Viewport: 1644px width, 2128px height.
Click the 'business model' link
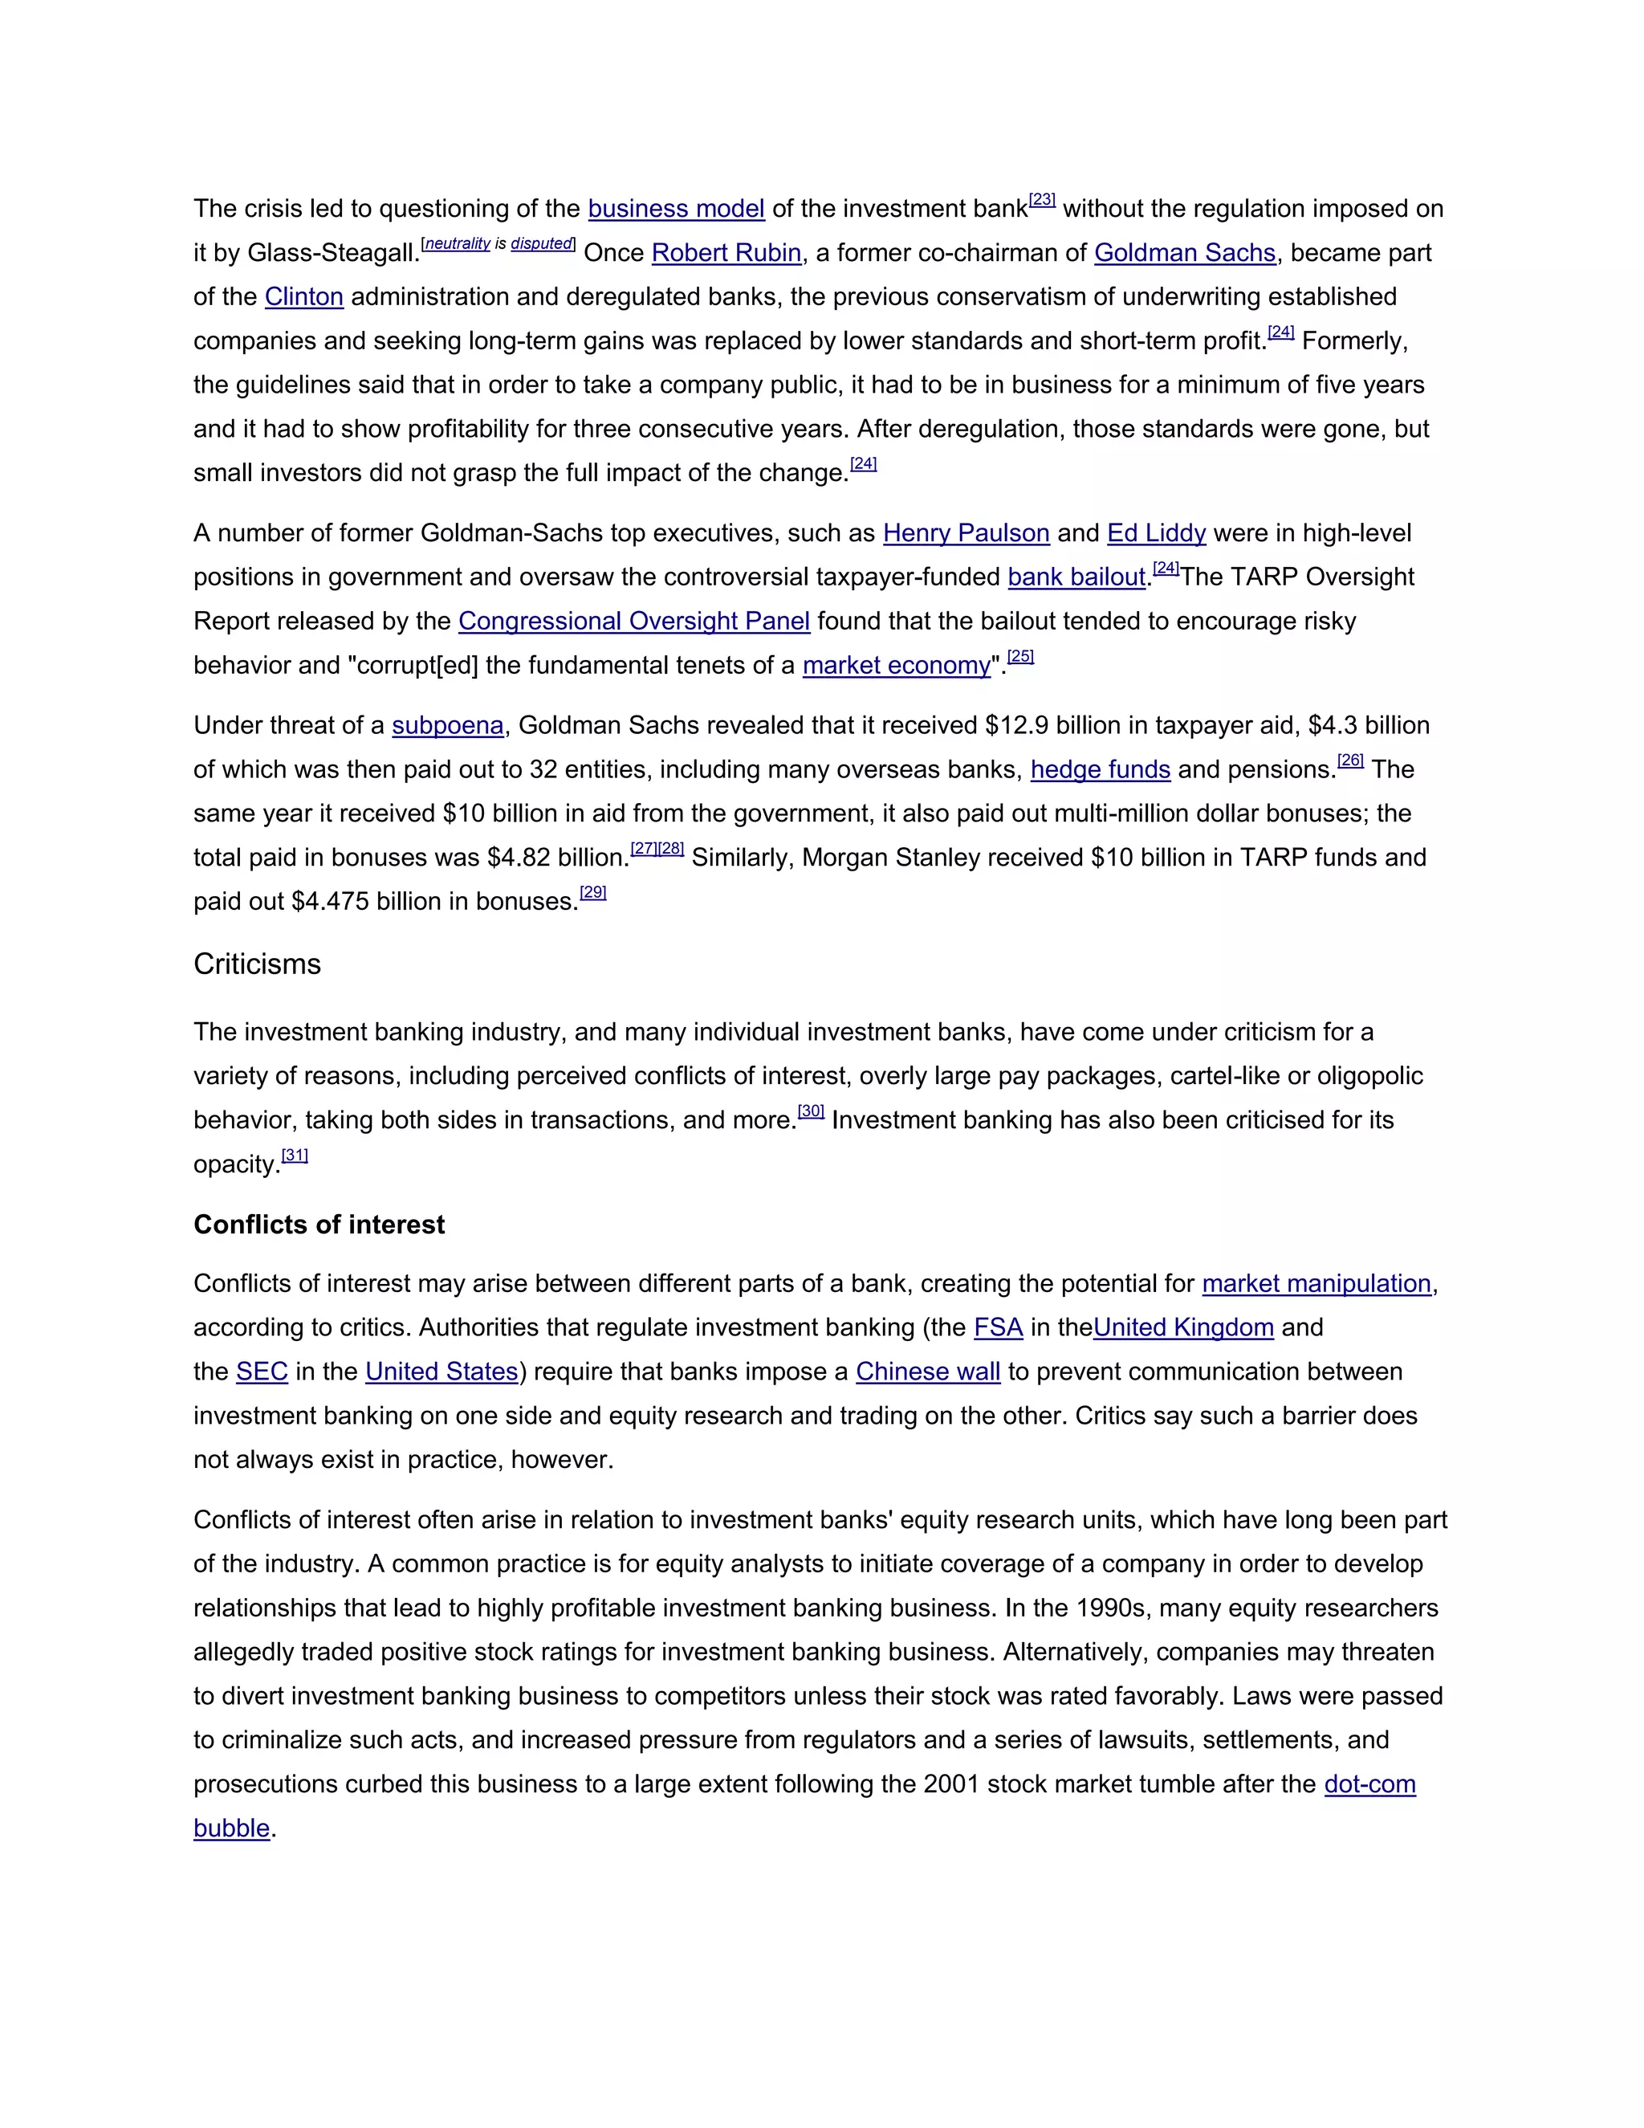676,210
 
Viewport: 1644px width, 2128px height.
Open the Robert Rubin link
726,253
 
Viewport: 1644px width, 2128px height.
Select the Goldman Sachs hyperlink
1184,253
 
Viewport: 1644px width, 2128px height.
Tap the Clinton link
304,297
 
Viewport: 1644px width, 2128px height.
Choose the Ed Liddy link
1156,534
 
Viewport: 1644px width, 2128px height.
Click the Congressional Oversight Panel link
634,622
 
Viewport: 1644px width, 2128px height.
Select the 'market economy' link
896,666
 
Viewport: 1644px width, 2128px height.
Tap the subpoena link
448,726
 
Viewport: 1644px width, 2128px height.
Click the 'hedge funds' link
1101,770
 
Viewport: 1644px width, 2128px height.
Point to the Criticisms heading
257,964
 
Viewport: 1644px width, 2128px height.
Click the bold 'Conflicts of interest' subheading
319,1225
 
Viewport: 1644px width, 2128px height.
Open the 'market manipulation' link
1316,1284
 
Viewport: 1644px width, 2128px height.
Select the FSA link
999,1328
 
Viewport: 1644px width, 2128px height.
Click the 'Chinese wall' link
927,1372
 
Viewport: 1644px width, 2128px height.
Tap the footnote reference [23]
1042,200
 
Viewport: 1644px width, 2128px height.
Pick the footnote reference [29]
593,892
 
